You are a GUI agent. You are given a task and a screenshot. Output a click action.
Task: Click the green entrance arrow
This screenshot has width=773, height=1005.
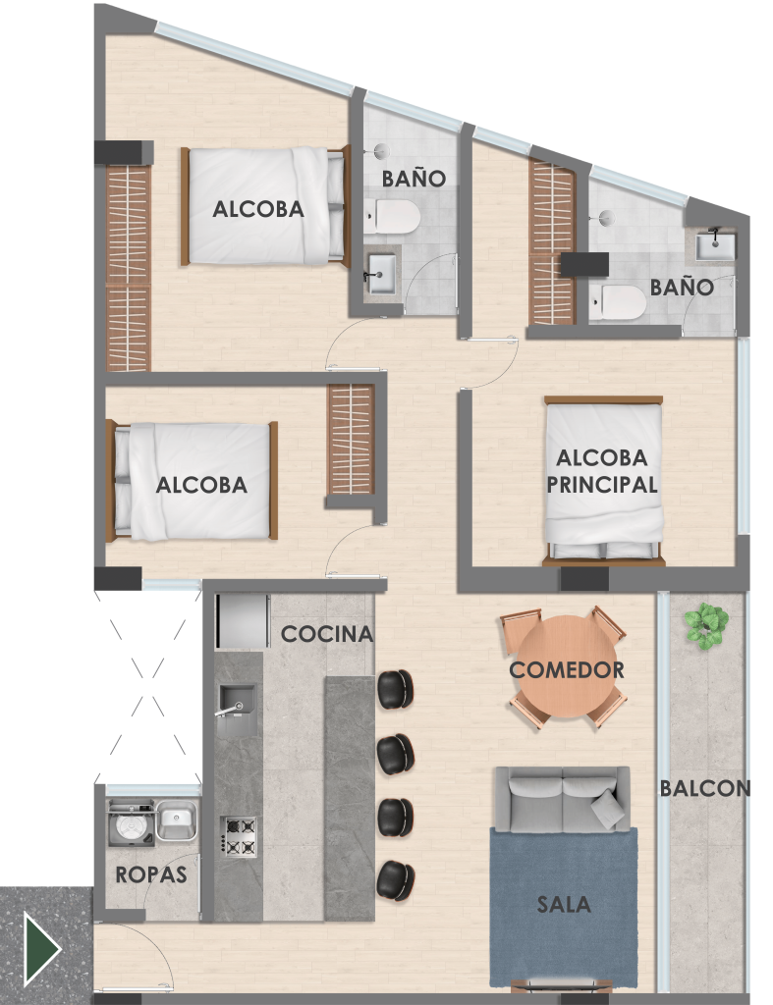coord(41,948)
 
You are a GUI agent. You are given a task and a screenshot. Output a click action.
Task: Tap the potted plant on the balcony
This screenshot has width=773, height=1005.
coord(706,625)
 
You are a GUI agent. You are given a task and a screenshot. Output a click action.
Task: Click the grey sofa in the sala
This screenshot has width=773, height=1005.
coord(562,799)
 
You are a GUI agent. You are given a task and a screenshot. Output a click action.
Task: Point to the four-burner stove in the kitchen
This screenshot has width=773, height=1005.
coord(239,836)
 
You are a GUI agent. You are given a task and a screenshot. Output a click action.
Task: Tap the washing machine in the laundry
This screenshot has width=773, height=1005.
coord(131,823)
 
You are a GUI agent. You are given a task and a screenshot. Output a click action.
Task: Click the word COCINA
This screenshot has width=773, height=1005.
coord(327,634)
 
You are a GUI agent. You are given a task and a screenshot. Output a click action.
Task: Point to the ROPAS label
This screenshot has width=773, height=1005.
coord(151,874)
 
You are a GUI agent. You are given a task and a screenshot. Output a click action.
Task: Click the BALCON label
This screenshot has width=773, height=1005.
coord(705,788)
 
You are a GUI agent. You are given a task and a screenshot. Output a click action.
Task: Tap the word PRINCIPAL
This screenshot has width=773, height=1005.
coord(602,485)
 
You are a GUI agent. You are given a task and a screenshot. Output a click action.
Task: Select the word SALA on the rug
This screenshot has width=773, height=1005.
coord(563,904)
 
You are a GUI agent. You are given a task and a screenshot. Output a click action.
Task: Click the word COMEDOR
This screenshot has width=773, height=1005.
coord(567,669)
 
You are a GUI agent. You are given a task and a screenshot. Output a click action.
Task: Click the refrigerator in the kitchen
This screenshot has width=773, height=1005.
coord(243,621)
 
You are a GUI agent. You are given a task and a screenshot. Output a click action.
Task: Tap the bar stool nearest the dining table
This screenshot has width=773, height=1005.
coord(395,689)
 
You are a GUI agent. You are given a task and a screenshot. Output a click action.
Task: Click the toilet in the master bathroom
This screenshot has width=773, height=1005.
coord(617,302)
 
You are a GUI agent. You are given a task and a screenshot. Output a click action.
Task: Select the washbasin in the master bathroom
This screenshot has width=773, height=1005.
coord(715,244)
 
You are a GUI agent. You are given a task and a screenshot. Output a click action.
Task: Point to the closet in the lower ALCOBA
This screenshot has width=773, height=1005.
coord(351,440)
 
